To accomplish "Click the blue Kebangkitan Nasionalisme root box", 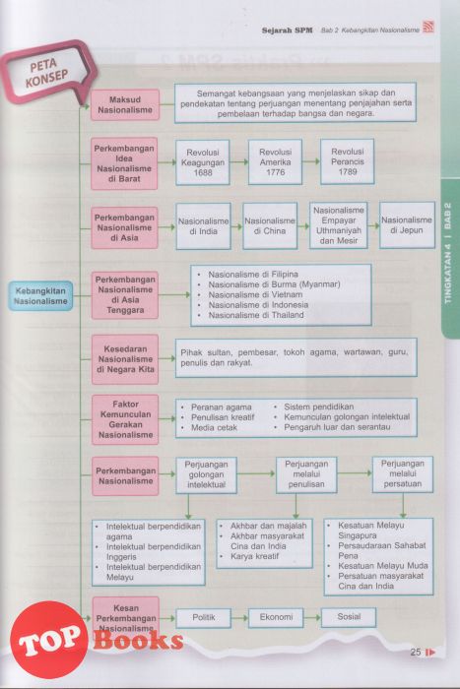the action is point(40,296).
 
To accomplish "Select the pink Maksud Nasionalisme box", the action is point(125,105).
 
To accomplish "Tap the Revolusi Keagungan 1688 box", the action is point(203,162).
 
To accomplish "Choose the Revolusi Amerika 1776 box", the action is point(275,162).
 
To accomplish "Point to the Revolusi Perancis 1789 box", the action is point(348,161).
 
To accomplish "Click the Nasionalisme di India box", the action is point(204,226).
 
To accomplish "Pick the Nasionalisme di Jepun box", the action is point(407,225).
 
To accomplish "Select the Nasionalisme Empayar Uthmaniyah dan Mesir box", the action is point(339,225).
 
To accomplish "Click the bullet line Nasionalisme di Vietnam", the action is point(255,294).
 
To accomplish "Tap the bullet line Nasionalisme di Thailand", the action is point(256,315).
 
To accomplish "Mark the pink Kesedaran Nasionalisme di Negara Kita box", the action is point(125,359).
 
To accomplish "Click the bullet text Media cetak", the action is point(214,427).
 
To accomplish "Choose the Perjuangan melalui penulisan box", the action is point(306,474).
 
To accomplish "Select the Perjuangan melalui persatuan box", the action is point(403,474).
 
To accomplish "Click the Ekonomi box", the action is point(276,617).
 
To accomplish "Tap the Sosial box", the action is point(349,617).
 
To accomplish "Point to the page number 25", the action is point(416,652).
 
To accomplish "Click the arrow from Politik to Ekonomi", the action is point(239,618).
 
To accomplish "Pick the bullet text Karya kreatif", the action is point(255,556).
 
